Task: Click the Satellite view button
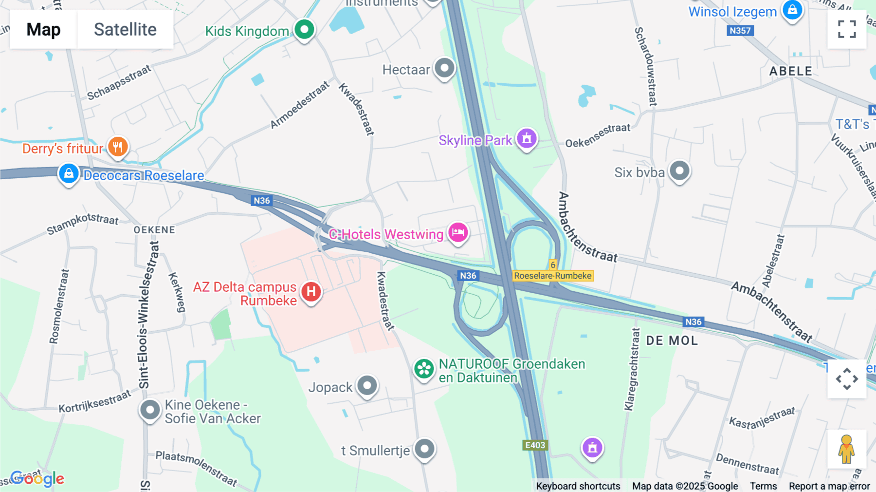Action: pyautogui.click(x=125, y=29)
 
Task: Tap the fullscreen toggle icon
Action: pyautogui.click(x=847, y=29)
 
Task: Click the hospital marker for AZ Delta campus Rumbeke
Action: pyautogui.click(x=311, y=292)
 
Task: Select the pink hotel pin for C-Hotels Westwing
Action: pyautogui.click(x=458, y=232)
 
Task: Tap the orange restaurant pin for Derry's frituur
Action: pyautogui.click(x=117, y=146)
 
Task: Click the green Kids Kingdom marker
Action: pyautogui.click(x=305, y=29)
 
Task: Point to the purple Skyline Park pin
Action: pyautogui.click(x=527, y=139)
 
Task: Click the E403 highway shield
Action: pyautogui.click(x=535, y=445)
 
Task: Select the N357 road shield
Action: pyautogui.click(x=740, y=31)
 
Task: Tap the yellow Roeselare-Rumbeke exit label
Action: pyautogui.click(x=553, y=276)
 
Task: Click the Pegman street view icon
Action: pyautogui.click(x=846, y=449)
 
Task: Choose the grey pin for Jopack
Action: pyautogui.click(x=367, y=386)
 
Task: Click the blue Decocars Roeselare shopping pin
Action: pyautogui.click(x=69, y=173)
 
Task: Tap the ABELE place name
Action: pyautogui.click(x=791, y=71)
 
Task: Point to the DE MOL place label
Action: pyautogui.click(x=672, y=341)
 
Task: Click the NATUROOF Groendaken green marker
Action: pyautogui.click(x=424, y=369)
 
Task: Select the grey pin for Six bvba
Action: pyautogui.click(x=679, y=171)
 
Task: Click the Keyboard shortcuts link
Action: pyautogui.click(x=578, y=486)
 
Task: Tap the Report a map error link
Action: pyautogui.click(x=829, y=486)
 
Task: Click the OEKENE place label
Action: pyautogui.click(x=154, y=229)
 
